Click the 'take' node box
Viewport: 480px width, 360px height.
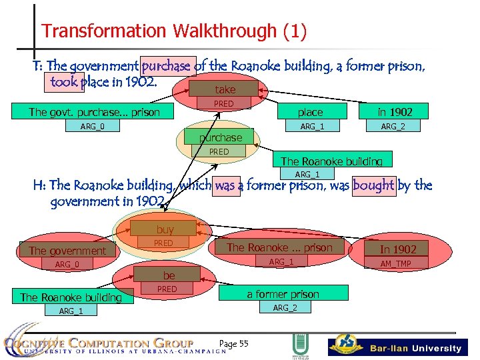point(225,89)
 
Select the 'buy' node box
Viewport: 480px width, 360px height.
point(165,229)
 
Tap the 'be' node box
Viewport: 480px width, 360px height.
point(169,275)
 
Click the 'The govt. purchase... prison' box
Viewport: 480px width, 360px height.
point(94,112)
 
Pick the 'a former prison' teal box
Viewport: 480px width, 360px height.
point(283,293)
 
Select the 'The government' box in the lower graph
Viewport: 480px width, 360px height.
point(67,251)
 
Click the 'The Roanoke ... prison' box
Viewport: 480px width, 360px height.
point(279,247)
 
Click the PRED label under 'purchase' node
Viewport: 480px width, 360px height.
point(219,152)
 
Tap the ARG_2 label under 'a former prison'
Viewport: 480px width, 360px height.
point(285,307)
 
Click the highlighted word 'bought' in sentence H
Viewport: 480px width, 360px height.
point(373,185)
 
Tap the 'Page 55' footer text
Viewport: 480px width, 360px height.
point(233,343)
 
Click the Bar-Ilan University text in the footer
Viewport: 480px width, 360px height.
point(415,348)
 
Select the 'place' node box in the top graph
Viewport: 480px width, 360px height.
point(310,112)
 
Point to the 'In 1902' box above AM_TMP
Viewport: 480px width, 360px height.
point(398,249)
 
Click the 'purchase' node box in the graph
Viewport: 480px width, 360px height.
point(221,137)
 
